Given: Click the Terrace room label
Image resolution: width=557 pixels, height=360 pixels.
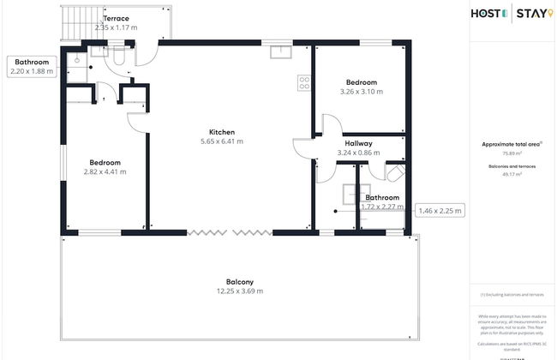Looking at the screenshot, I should pos(117,18).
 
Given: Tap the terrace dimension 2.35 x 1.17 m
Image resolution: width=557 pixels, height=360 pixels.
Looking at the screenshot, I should pos(117,27).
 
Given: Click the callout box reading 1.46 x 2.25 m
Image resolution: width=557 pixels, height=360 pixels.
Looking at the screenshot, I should pos(439,209).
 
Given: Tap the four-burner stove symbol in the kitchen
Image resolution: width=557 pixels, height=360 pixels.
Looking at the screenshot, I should pos(303,82).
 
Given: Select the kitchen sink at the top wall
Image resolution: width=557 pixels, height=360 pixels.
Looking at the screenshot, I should pos(280,51).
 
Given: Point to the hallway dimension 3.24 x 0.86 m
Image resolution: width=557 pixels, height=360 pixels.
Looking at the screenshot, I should pos(357,153).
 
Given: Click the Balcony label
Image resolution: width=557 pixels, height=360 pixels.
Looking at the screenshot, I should pos(240,282).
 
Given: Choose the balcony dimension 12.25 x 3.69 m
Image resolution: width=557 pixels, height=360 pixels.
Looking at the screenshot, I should pos(240,291).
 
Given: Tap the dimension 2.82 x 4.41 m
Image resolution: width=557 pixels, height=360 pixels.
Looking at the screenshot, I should pos(105,171).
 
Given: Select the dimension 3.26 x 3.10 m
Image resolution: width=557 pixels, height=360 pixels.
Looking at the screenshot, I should pos(361,91).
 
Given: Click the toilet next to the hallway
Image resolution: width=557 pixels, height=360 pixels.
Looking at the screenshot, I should pos(392,174).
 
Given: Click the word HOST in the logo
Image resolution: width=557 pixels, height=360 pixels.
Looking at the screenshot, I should pos(488,13).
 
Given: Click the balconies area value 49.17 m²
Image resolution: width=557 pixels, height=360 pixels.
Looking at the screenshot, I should pos(512,175).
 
